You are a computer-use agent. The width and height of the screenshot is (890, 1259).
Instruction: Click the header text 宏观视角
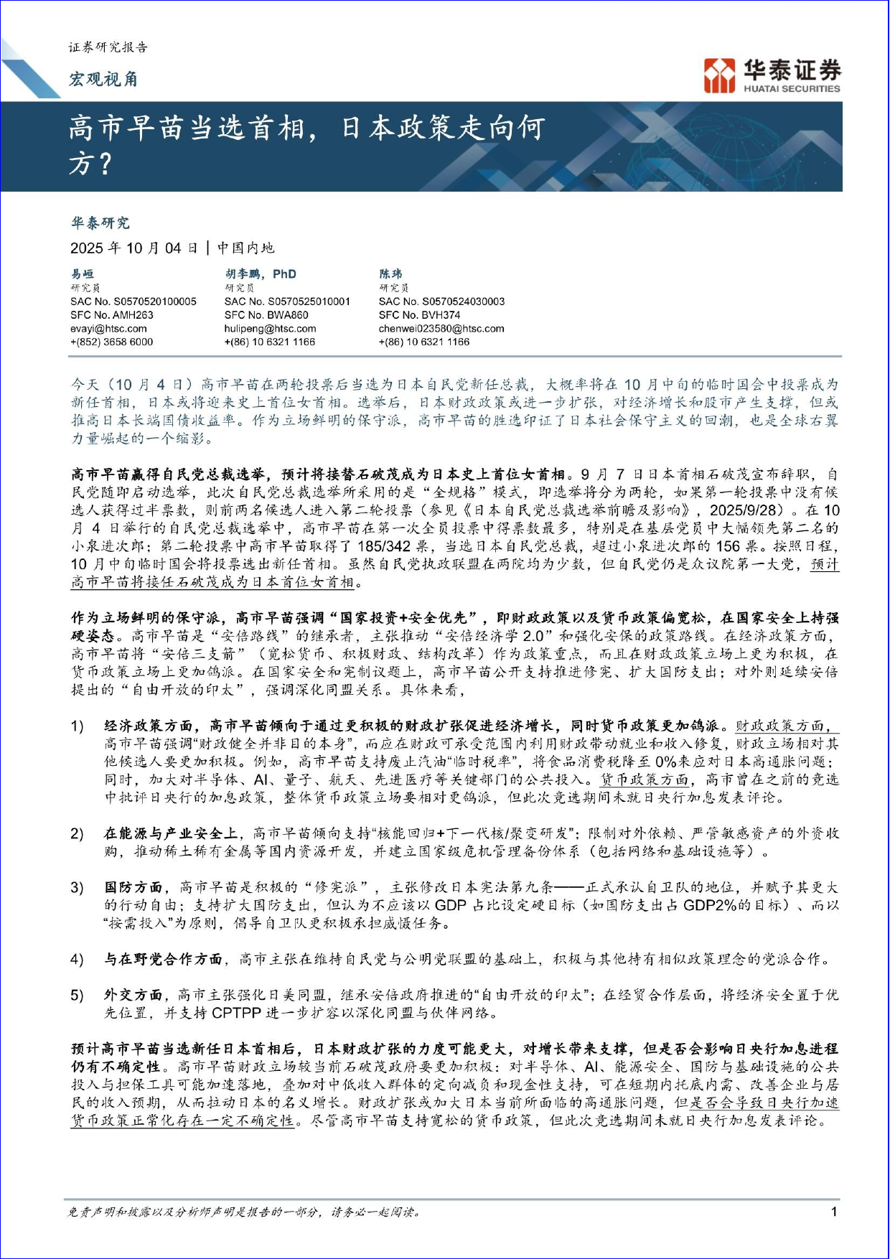103,80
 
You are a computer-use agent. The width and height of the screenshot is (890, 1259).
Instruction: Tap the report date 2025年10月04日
134,248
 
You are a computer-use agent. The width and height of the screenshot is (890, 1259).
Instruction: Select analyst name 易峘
82,273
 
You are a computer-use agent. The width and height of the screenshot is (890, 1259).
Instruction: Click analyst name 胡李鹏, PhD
261,273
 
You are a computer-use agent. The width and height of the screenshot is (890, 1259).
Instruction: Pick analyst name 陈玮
390,273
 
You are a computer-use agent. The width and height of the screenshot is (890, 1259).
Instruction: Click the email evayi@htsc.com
108,329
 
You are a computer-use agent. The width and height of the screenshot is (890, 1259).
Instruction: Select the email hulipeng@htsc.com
270,329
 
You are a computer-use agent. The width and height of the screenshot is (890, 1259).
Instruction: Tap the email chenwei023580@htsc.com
441,329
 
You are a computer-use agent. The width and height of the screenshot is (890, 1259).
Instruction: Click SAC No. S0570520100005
133,301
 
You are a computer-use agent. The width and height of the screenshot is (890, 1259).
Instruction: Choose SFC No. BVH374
420,315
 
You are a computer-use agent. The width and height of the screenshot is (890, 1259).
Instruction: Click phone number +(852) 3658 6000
111,342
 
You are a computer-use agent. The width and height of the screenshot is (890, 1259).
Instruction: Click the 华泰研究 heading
100,223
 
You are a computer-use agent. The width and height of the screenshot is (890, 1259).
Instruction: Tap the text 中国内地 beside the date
245,248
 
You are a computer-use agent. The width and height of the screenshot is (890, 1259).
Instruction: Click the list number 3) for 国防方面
77,888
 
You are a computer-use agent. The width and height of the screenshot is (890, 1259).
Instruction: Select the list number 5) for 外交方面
77,996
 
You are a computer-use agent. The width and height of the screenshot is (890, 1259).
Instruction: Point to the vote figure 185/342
384,546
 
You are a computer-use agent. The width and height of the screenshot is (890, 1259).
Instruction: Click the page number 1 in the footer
834,1212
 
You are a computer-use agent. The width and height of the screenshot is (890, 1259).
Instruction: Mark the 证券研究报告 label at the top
108,47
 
